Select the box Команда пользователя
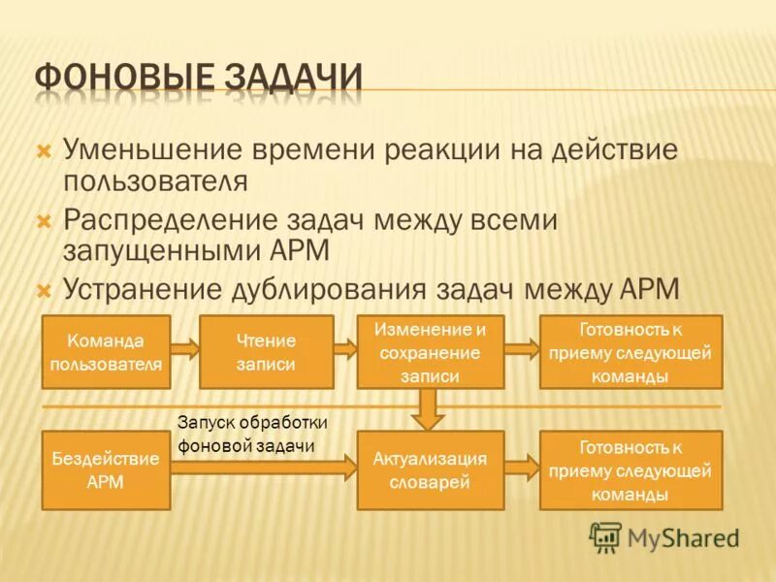[107, 351]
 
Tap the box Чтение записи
[266, 351]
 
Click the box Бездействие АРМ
[107, 469]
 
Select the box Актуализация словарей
[430, 469]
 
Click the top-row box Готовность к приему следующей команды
[630, 351]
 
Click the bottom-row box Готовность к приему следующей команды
[630, 469]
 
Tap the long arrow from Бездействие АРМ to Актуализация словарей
[262, 468]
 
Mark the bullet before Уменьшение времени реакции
[43, 151]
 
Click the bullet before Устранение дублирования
[43, 289]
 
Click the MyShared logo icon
[605, 536]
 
